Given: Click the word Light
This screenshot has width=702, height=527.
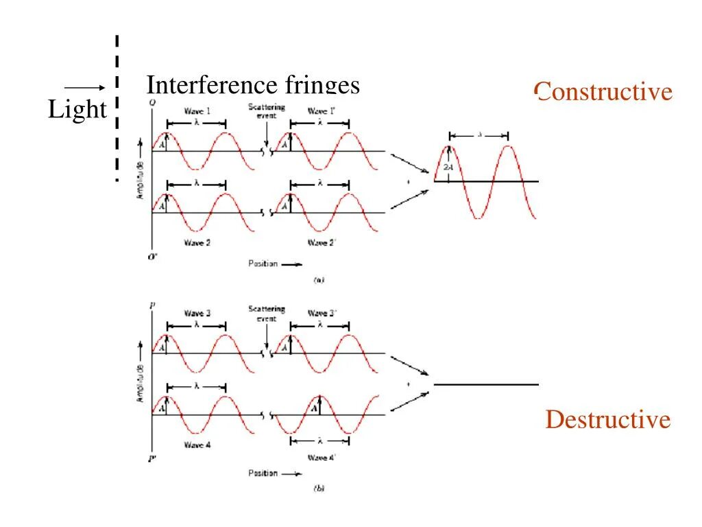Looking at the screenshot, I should click(x=77, y=110).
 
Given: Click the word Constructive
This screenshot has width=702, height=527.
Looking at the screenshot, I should click(x=603, y=92).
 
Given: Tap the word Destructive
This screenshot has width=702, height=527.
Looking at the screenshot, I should click(x=607, y=419).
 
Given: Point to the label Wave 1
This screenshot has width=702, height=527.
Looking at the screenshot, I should click(x=197, y=111).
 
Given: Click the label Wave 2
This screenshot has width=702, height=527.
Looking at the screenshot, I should click(x=197, y=242).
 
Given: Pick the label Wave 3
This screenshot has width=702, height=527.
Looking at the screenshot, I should click(x=197, y=314).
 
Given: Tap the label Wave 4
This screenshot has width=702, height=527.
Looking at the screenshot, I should click(x=197, y=445).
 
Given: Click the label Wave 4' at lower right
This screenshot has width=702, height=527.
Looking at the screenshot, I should click(x=322, y=457).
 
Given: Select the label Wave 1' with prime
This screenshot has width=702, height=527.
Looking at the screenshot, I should click(x=322, y=111).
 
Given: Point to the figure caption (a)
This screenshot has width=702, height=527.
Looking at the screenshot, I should click(x=319, y=280).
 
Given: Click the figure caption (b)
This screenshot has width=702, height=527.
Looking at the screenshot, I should click(x=319, y=489).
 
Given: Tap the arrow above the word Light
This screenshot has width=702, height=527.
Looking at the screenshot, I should click(x=84, y=87).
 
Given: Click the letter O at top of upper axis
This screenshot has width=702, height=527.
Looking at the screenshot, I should click(x=152, y=103).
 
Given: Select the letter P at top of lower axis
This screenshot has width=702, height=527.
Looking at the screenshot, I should click(x=152, y=305).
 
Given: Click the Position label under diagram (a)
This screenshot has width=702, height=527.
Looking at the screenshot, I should click(x=263, y=264).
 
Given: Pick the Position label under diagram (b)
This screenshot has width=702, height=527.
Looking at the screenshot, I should click(x=263, y=473).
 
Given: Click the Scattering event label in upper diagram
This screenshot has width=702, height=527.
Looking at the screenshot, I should click(x=267, y=112).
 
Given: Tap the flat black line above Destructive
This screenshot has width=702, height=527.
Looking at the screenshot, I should click(x=486, y=385).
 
